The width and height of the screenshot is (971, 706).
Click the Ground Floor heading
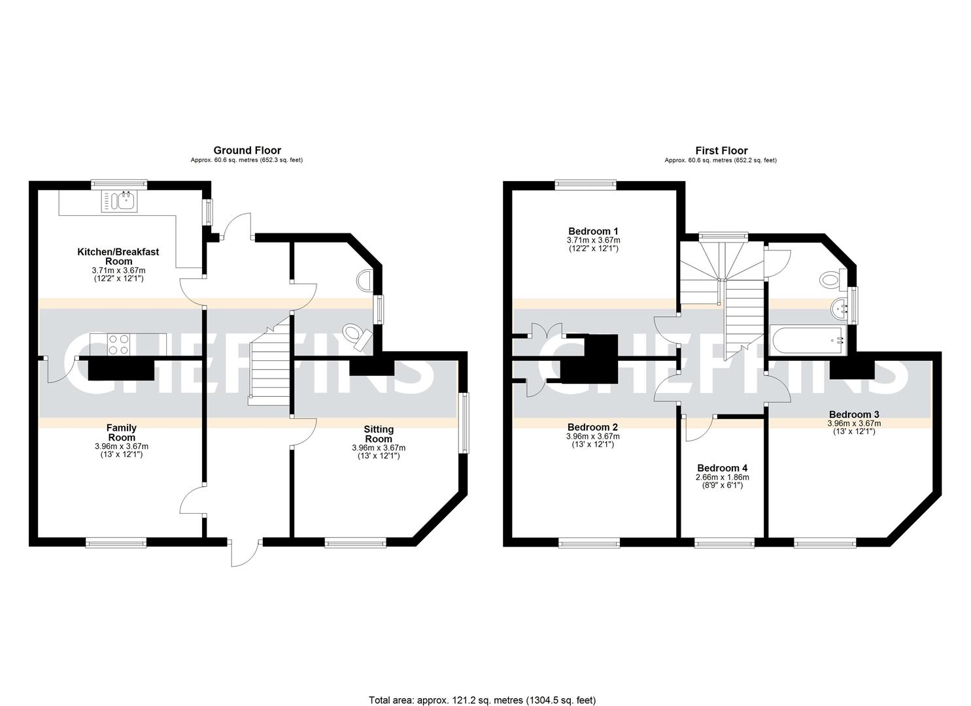[x=247, y=150]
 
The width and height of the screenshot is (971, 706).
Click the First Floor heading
[x=721, y=150]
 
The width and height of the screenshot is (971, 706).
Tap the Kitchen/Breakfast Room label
[x=118, y=256]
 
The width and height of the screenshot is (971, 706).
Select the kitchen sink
[x=118, y=201]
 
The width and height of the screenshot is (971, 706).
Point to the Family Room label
[x=122, y=433]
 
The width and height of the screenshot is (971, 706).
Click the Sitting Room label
[x=379, y=434]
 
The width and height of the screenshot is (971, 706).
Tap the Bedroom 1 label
[x=592, y=231]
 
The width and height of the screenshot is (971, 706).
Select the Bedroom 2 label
[x=592, y=428]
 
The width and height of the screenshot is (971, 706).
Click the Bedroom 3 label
[x=853, y=414]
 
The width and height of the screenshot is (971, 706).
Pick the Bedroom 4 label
[x=722, y=468]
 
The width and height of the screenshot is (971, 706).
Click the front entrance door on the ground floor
[x=245, y=552]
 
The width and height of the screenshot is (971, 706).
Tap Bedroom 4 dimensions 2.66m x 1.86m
[x=722, y=477]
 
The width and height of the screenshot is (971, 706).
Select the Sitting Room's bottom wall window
[x=355, y=542]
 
